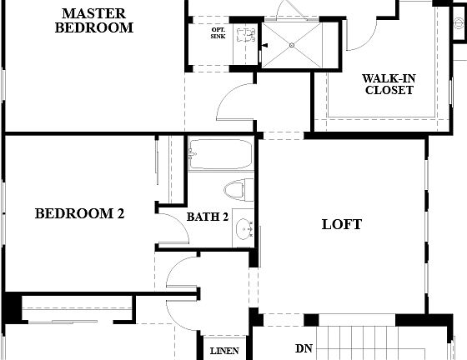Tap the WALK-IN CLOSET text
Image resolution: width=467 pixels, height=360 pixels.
[389, 84]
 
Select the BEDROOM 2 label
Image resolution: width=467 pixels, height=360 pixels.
[79, 214]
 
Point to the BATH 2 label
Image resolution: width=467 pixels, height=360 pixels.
[207, 217]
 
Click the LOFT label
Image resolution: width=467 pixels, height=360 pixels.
[342, 224]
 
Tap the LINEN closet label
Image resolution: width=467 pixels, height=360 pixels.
[224, 351]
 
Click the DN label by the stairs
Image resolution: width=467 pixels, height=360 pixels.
[304, 349]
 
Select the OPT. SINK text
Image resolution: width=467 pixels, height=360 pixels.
[218, 34]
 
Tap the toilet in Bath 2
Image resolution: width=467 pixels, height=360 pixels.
[239, 189]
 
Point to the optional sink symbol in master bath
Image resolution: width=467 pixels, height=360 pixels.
[244, 36]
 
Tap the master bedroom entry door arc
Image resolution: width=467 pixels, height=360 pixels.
[232, 105]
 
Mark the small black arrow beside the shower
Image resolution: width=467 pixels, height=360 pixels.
[264, 46]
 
